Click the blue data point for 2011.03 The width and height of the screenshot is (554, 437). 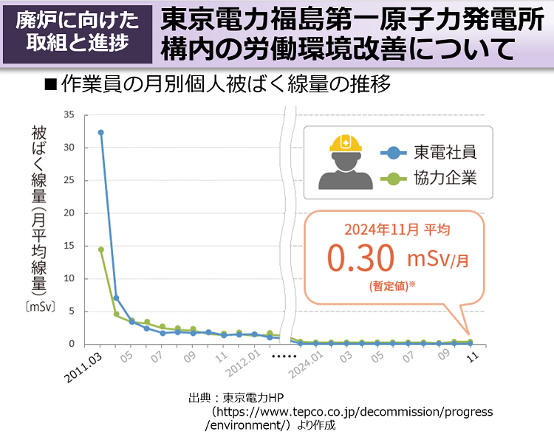pyautogui.click(x=101, y=133)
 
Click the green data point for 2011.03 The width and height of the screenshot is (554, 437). pyautogui.click(x=101, y=250)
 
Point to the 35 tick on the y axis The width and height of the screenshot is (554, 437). pyautogui.click(x=69, y=115)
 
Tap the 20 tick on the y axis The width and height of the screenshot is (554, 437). pyautogui.click(x=69, y=213)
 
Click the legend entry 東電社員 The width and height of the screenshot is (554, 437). pyautogui.click(x=445, y=153)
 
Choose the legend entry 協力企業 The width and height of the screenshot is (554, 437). pyautogui.click(x=445, y=178)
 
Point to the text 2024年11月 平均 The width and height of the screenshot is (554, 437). pyautogui.click(x=397, y=230)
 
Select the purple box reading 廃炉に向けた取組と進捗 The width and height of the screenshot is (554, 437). pyautogui.click(x=78, y=32)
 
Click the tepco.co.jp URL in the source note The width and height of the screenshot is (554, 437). pyautogui.click(x=352, y=412)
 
